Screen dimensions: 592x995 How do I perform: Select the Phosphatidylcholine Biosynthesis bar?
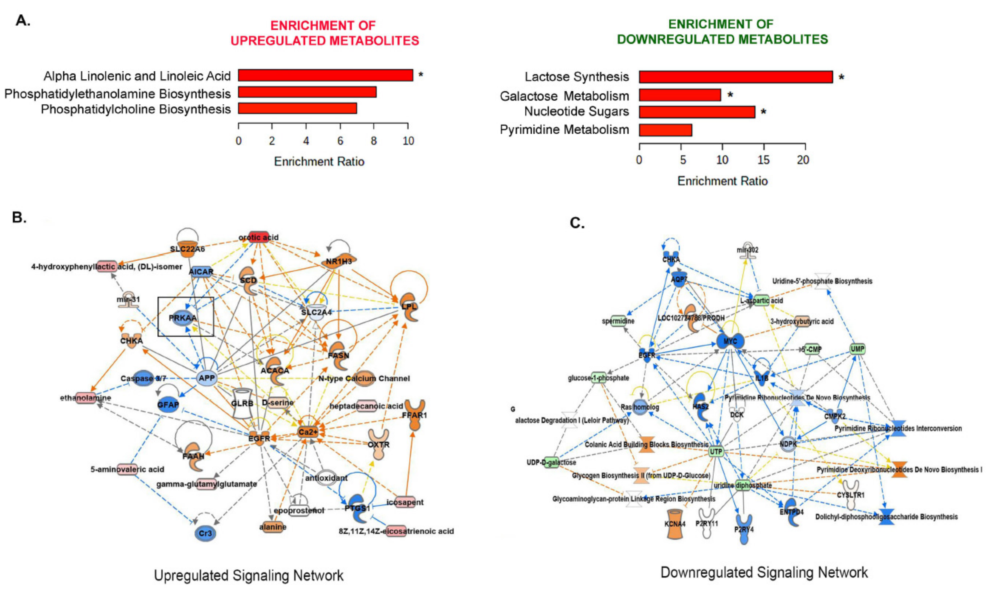tap(297, 109)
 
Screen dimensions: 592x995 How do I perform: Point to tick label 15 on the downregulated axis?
tap(763, 160)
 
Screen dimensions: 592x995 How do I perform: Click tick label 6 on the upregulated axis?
tap(340, 141)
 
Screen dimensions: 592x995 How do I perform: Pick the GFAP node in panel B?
tap(168, 404)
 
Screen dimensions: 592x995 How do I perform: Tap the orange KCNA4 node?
tap(675, 524)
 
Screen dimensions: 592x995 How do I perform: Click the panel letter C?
tap(577, 223)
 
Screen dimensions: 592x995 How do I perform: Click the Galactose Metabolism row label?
tap(564, 96)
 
